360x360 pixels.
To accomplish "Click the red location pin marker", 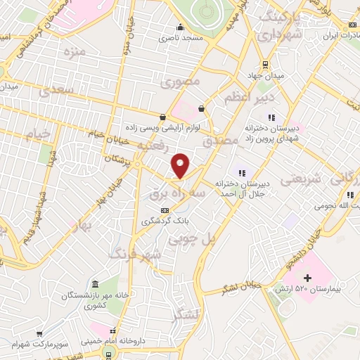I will [181, 165].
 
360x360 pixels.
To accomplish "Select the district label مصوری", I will [181, 82].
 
